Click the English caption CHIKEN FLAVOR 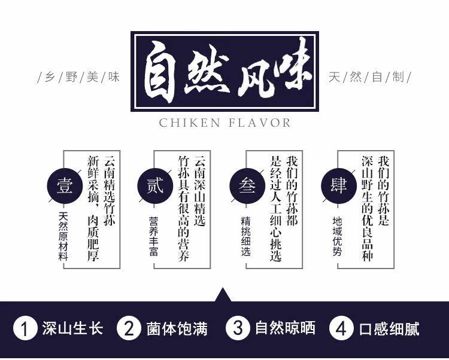224,123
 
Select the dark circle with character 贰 155,185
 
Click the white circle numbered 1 25,328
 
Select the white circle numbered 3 238,328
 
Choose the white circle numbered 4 342,328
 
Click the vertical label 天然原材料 63,236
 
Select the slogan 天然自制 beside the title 369,78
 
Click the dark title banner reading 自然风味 224,71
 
